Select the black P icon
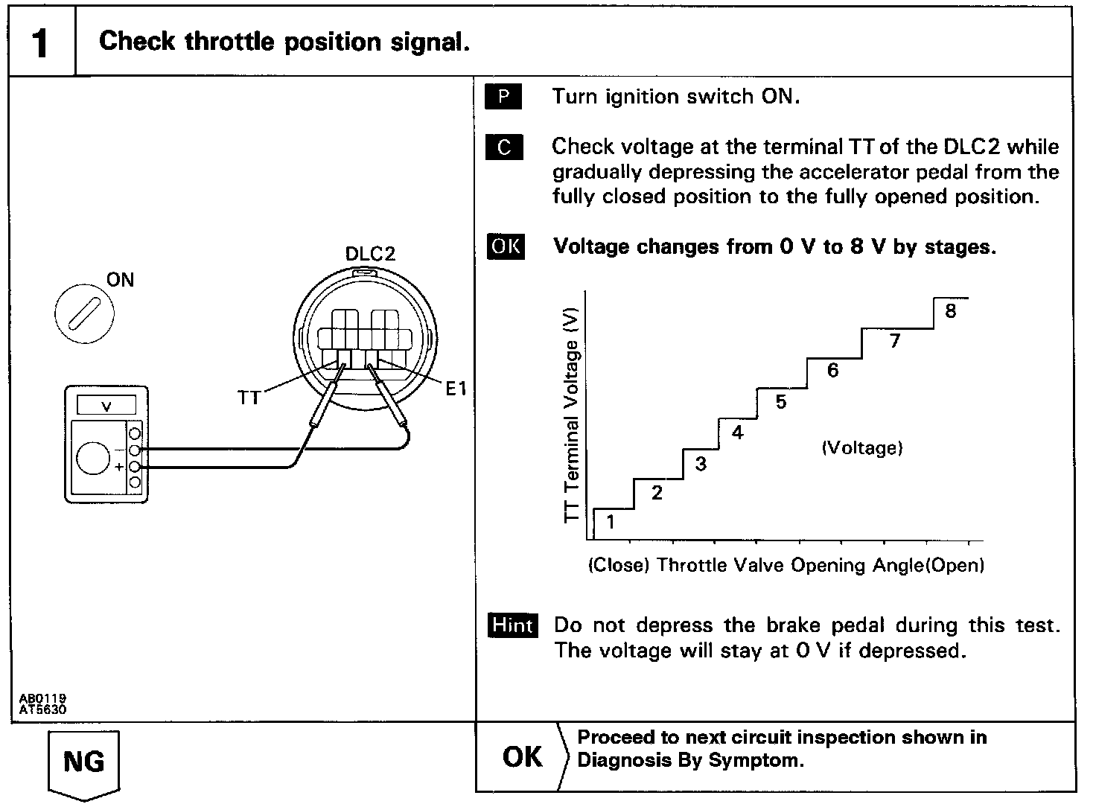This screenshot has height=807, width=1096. click(x=503, y=98)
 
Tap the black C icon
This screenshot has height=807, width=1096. click(x=503, y=147)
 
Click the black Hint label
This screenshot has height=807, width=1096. click(x=512, y=625)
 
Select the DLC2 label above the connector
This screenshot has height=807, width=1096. click(x=370, y=254)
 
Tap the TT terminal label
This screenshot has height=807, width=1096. click(x=249, y=398)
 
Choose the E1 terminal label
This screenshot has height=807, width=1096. click(x=456, y=389)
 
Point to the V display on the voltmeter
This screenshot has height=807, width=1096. click(x=107, y=406)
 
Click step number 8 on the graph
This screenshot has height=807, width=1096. click(x=950, y=311)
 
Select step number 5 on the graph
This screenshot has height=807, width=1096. click(x=780, y=402)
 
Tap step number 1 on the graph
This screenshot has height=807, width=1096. click(x=611, y=522)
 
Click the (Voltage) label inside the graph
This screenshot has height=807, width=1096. click(x=862, y=448)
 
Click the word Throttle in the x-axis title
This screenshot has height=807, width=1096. click(x=690, y=566)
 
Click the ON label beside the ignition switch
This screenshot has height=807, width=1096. click(x=120, y=280)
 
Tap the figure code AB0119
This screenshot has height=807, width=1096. click(x=42, y=698)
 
